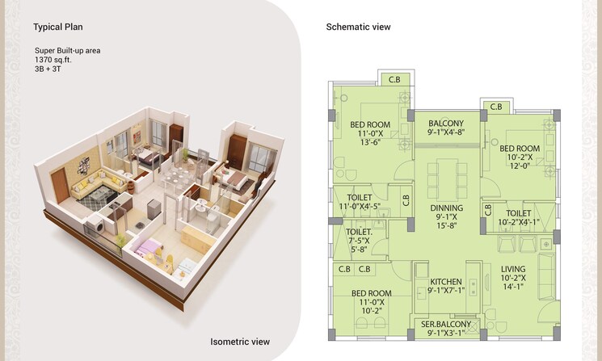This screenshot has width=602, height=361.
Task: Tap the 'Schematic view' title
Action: click(x=358, y=27)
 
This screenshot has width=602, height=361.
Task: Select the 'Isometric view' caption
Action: click(x=239, y=342)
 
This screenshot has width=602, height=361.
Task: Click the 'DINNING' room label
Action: click(x=446, y=207)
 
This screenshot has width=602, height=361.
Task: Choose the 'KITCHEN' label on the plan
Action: click(x=445, y=282)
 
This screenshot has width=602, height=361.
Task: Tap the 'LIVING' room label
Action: click(x=513, y=270)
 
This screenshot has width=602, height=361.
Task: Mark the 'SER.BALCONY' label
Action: click(x=446, y=325)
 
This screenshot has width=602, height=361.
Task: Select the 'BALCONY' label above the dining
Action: click(x=445, y=124)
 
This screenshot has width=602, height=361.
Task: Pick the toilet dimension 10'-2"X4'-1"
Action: click(x=518, y=222)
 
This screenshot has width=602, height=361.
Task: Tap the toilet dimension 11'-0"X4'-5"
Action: click(x=359, y=207)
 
